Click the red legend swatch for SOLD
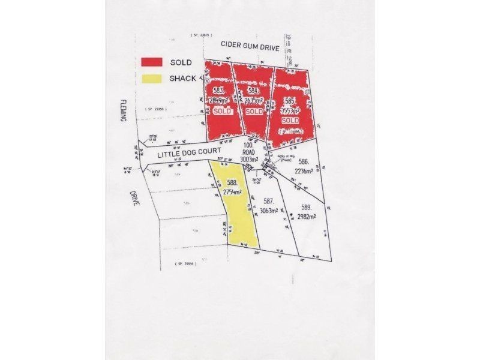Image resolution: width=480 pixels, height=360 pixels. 152,62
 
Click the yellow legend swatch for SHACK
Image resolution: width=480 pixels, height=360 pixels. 152,78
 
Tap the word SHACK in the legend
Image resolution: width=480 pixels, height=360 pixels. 182,78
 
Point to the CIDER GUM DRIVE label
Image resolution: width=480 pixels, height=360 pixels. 250,45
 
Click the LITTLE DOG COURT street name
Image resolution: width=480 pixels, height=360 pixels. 185,152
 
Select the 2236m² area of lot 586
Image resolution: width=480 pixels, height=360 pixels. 305,171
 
